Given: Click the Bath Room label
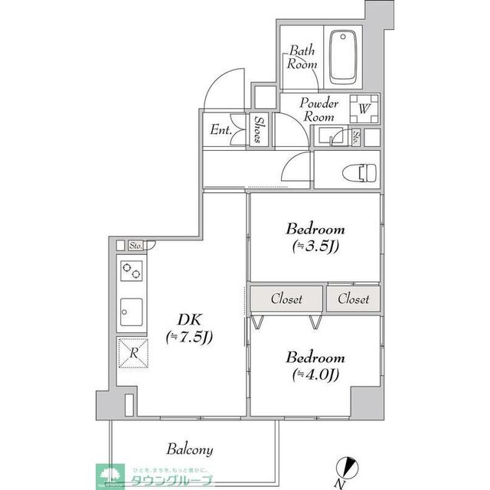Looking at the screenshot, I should (302, 58).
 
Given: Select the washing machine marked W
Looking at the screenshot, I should (364, 109).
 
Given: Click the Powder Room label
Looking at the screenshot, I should (318, 110).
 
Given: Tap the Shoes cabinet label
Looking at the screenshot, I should (260, 130).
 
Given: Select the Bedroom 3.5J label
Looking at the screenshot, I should (315, 237).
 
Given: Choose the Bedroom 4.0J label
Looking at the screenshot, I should (315, 365).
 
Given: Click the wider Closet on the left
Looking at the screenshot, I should (286, 299).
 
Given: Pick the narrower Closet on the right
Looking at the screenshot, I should (353, 299).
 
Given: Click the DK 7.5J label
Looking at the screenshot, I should (189, 328).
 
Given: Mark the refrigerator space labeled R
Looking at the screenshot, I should (132, 353).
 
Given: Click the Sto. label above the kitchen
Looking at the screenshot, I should (136, 246).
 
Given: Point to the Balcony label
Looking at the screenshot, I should (189, 449).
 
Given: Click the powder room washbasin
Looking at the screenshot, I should (332, 138).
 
